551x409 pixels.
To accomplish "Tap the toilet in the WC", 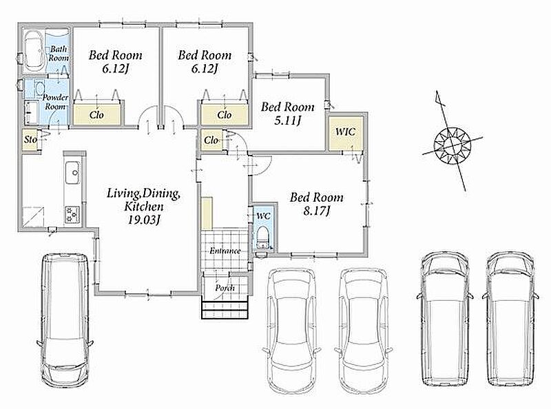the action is (x=262, y=237).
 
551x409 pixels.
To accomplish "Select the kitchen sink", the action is (x=73, y=173).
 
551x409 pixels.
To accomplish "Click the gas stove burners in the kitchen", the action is (x=72, y=214).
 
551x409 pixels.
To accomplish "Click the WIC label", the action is (x=346, y=132).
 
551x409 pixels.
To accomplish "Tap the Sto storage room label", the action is (x=30, y=140).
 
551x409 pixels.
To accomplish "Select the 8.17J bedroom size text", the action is (x=317, y=211).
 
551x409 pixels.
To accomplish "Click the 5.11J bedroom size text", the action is (x=287, y=120).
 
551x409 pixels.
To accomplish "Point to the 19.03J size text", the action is (x=144, y=220).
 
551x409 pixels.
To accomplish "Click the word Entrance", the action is (x=225, y=251).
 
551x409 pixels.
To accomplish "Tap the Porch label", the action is (x=225, y=288).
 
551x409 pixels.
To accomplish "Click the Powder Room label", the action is (x=56, y=102).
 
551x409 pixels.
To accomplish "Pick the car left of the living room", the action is (x=65, y=319).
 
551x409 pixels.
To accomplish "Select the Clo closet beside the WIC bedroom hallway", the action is (x=211, y=140).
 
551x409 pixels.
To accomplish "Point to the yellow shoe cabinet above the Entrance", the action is (x=207, y=213).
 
